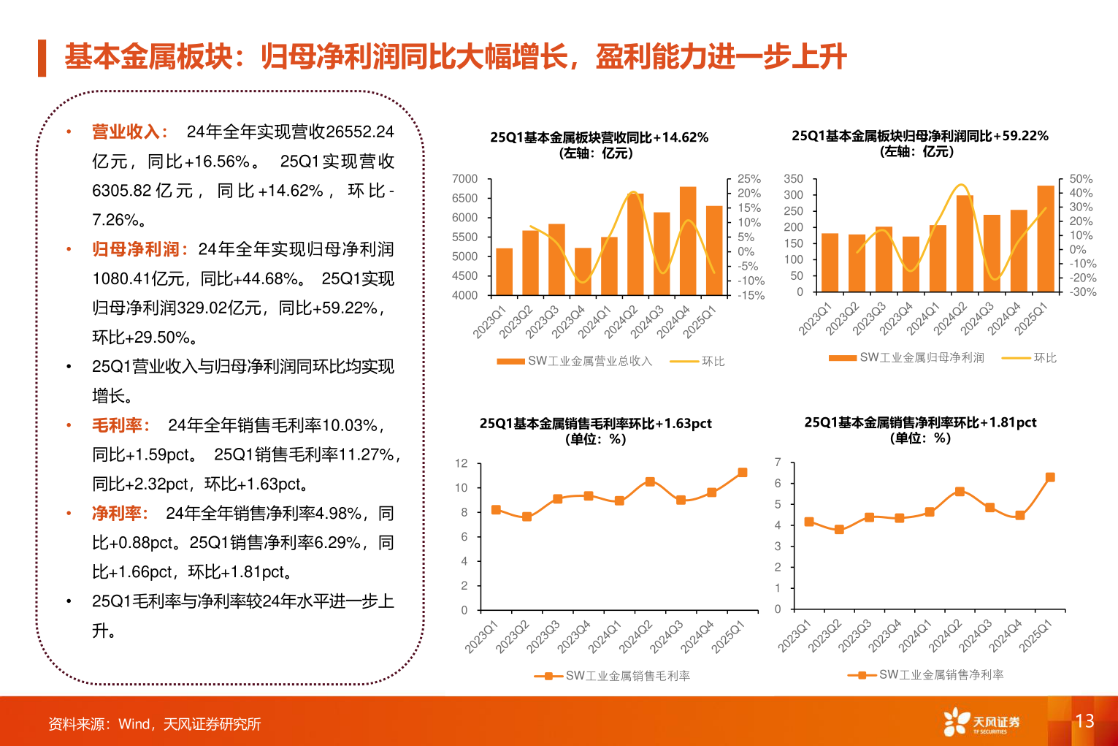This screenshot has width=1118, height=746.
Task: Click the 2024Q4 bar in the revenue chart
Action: point(687,241)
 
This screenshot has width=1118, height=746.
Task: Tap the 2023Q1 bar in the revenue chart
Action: point(504,272)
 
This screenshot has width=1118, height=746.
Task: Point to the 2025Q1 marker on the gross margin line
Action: point(743,473)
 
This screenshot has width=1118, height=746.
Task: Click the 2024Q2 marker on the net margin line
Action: point(960,492)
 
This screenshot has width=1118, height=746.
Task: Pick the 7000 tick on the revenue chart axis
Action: point(465,179)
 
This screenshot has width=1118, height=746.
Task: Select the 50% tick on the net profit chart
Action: point(1081,179)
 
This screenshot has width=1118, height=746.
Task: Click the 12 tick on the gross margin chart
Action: point(461,463)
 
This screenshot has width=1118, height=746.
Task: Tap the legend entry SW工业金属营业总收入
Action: point(574,361)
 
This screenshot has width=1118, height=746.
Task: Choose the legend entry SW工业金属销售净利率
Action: point(925,675)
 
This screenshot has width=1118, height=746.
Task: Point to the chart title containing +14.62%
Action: point(599,137)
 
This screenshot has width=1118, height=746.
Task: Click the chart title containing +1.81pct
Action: point(920,422)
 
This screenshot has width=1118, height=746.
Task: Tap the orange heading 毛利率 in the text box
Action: point(118,425)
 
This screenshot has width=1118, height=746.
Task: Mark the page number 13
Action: point(1084,721)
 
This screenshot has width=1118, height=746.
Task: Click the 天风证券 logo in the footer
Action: point(981,722)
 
